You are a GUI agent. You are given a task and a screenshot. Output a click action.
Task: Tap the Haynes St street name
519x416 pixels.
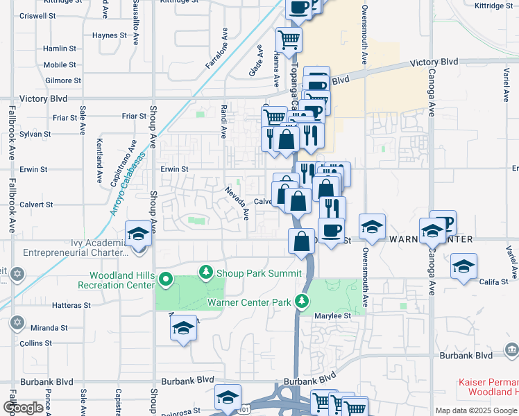click(109, 35)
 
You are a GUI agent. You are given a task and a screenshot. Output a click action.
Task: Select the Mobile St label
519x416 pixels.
click(59, 64)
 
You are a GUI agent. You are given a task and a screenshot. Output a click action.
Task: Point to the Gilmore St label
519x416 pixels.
click(63, 80)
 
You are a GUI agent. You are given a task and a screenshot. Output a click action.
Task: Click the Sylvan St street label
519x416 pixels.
click(35, 134)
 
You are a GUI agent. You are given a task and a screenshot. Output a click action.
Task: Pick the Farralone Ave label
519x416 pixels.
click(215, 49)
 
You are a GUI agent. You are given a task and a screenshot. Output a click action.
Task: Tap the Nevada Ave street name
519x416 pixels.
click(236, 202)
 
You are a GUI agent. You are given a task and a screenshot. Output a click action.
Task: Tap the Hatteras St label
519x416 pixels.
click(69, 304)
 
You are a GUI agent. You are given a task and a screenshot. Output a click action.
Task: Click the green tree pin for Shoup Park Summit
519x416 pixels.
click(205, 272)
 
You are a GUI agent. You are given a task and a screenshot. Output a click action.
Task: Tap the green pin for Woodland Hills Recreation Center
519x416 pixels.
click(165, 280)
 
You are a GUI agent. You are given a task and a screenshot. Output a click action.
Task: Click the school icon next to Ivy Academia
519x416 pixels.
click(138, 234)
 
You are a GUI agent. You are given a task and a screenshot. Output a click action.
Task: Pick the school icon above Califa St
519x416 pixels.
click(463, 266)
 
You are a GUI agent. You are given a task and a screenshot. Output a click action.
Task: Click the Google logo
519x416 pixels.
click(24, 408)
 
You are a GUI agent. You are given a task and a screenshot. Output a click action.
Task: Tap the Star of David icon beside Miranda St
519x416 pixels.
click(17, 323)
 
